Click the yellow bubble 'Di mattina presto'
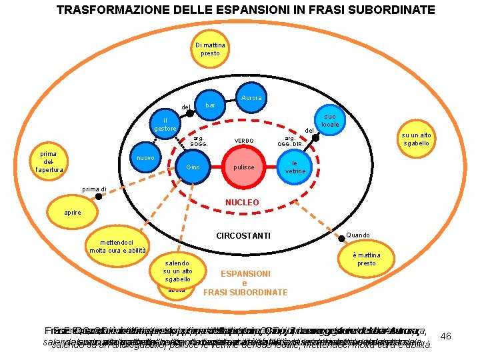[210, 49]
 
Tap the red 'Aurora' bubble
[252, 99]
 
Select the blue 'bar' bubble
[210, 106]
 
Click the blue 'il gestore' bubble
[165, 124]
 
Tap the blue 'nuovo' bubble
[146, 159]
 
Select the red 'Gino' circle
[193, 167]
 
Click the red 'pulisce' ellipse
[244, 167]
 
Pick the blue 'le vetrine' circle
[295, 167]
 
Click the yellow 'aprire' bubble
[73, 212]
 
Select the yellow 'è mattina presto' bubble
[365, 259]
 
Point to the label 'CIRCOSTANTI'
[243, 235]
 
